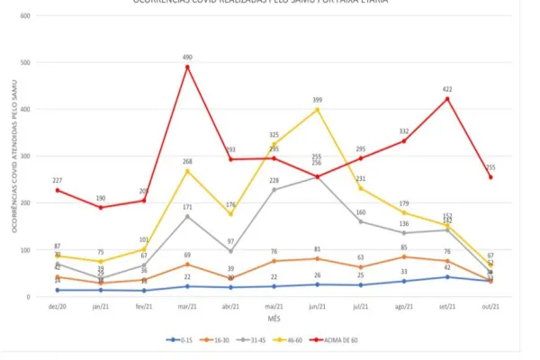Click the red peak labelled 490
tap(187, 67)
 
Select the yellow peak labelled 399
tap(317, 110)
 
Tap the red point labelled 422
tap(447, 98)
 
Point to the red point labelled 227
tap(58, 190)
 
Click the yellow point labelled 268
tap(187, 171)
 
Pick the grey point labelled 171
tap(187, 216)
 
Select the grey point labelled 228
tap(274, 190)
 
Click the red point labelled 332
tap(404, 141)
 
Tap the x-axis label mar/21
tap(187, 307)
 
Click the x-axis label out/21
tap(490, 307)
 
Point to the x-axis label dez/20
tap(58, 307)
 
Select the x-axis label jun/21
tap(317, 307)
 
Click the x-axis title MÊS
tap(274, 319)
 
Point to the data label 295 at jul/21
tap(361, 149)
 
